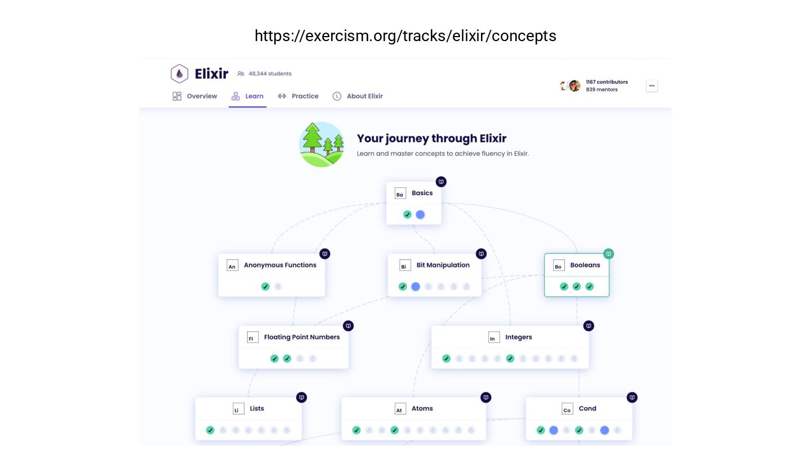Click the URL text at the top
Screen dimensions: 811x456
405,36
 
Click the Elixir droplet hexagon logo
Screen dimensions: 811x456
179,74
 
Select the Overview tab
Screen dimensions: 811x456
195,96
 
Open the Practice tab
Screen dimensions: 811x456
298,96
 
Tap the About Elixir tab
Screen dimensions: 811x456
358,96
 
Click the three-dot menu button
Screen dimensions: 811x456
652,86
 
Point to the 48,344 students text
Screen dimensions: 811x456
270,74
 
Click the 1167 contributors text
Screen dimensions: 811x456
607,82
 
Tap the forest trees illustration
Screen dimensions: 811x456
322,144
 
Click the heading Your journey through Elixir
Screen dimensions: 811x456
431,138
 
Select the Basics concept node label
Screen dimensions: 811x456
422,193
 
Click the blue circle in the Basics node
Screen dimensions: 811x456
420,214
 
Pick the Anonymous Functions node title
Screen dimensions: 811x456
280,265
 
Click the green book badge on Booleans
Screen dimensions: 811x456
608,254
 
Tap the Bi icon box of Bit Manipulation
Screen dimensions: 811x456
403,266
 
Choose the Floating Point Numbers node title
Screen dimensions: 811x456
302,337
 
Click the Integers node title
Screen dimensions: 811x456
518,337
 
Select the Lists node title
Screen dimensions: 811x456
257,409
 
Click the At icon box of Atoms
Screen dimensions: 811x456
399,409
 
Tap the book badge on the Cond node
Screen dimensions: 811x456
632,397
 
